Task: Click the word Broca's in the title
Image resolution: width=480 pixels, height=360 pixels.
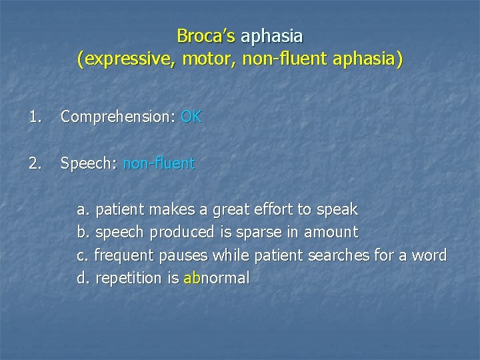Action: click(x=206, y=35)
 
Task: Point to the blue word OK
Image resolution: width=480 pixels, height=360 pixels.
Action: click(x=191, y=117)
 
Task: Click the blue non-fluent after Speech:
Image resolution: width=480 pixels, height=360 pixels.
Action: click(x=159, y=163)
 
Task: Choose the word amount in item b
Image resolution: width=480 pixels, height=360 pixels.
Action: click(x=331, y=233)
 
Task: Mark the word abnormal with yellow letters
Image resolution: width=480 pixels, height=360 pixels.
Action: click(x=216, y=278)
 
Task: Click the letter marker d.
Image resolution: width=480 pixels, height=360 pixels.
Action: click(x=83, y=278)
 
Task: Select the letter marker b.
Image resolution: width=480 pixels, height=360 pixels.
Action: click(x=83, y=233)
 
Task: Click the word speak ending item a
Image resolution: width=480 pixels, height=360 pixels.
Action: click(x=337, y=210)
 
